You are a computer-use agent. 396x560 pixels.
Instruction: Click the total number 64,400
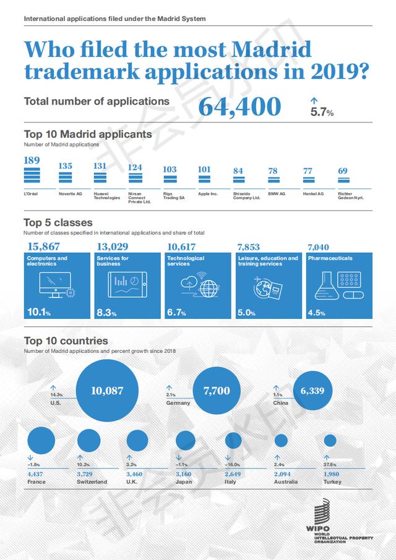239,107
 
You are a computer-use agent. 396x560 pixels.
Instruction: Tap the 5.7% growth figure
322,112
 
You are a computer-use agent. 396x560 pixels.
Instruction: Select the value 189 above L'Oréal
32,161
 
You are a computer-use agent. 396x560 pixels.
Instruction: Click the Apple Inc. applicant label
208,193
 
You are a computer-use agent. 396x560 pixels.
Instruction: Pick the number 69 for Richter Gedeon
343,171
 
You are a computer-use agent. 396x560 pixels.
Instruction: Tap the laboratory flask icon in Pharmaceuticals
326,284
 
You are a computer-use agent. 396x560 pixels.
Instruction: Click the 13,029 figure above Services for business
112,247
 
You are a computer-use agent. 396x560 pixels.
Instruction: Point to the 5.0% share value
246,313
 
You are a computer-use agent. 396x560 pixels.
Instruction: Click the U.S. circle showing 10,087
107,390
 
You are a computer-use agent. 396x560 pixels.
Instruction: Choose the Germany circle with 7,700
217,390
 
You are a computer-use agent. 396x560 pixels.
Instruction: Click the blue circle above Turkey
330,441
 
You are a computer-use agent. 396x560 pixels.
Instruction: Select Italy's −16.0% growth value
233,464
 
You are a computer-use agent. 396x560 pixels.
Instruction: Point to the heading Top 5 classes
58,223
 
